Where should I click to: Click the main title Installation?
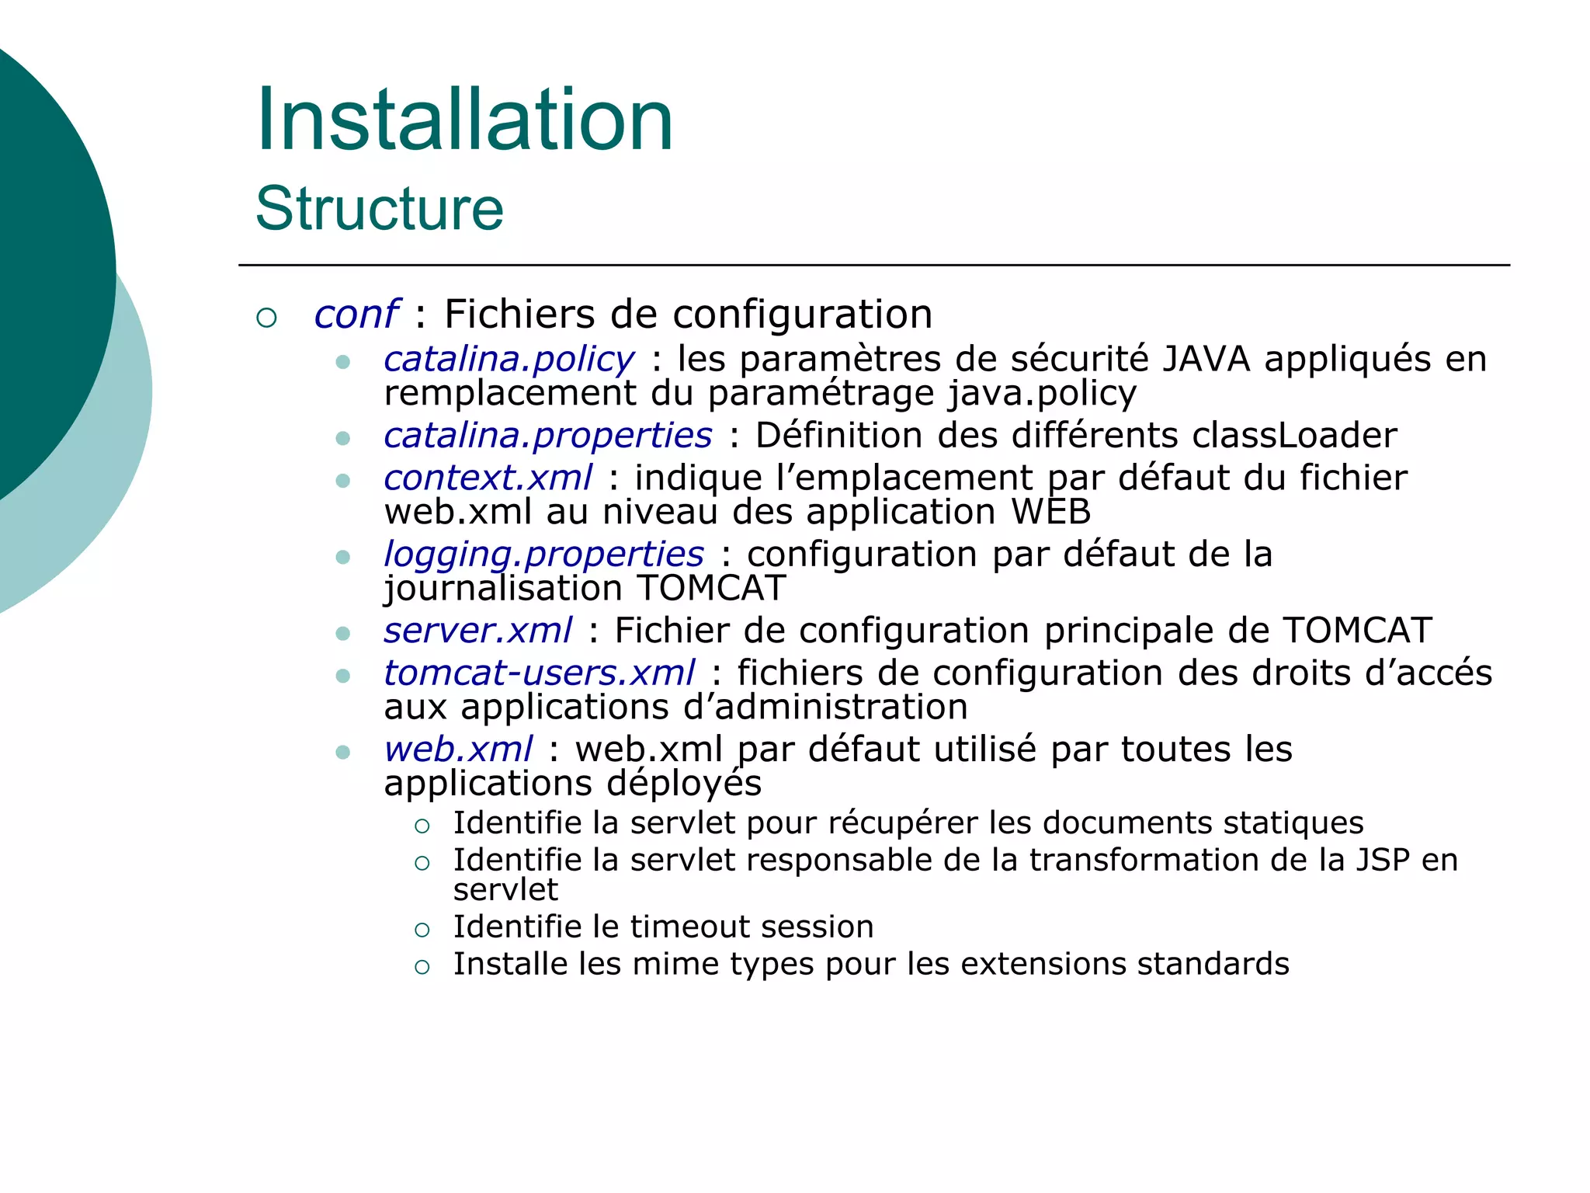tap(464, 120)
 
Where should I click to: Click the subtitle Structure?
tap(380, 209)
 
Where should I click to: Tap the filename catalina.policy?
tap(509, 359)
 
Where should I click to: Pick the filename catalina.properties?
tap(547, 435)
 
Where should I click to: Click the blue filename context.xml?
tap(488, 478)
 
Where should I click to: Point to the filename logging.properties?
tap(543, 555)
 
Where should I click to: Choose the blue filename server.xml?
tap(477, 630)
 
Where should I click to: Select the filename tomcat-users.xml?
tap(539, 673)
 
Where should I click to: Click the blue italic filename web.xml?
tap(458, 750)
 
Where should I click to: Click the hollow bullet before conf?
tap(266, 318)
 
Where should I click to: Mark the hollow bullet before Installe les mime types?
tap(422, 967)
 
